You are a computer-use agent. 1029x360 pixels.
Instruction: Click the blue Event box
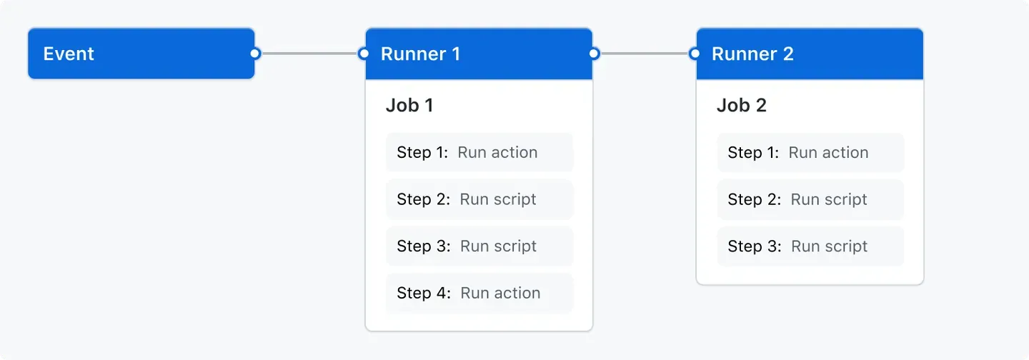coord(141,54)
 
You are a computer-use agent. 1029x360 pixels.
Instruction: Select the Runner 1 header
coord(479,54)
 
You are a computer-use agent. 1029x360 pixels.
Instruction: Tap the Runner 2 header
coord(810,54)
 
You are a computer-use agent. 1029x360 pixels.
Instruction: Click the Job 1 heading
coord(409,106)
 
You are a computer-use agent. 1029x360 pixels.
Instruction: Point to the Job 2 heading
coord(741,106)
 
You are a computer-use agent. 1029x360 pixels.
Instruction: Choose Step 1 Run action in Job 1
coord(479,153)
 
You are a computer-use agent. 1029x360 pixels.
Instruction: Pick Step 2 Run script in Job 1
coord(479,199)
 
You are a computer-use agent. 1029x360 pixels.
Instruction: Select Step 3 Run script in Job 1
coord(479,246)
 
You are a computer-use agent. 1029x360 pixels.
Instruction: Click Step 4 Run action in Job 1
coord(479,293)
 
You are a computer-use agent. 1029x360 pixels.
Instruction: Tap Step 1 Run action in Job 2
coord(810,153)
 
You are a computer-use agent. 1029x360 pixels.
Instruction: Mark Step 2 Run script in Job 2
coord(810,199)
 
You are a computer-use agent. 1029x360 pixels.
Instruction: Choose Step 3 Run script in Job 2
coord(810,246)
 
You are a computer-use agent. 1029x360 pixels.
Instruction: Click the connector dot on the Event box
coord(255,54)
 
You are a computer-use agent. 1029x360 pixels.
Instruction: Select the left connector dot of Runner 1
coord(364,54)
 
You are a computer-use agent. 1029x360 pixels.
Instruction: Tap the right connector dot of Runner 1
coord(594,54)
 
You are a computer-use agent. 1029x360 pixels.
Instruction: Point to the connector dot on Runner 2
coord(695,54)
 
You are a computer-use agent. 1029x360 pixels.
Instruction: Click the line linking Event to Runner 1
coord(309,54)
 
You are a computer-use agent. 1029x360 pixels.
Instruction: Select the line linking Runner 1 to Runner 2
coord(644,54)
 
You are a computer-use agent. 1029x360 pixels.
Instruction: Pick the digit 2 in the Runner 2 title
coord(788,54)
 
